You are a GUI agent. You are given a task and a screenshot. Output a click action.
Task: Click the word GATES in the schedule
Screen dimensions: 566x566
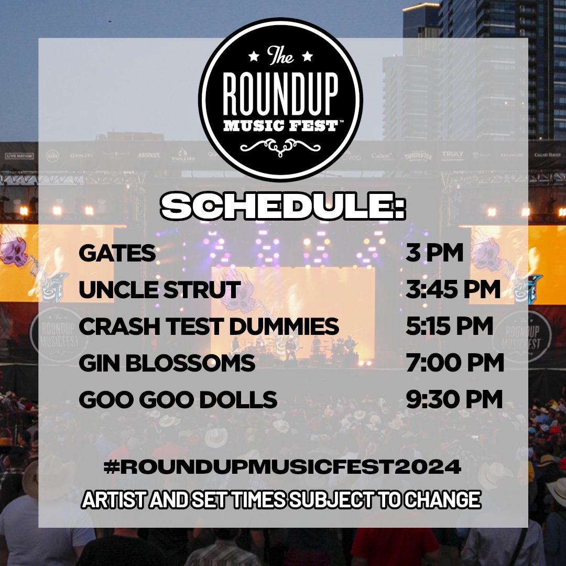117,254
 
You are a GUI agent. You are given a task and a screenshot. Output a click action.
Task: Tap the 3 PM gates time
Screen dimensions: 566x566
435,254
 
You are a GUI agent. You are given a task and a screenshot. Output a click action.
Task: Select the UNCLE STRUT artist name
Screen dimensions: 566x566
160,290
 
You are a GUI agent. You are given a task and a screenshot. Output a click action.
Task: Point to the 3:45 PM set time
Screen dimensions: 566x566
453,290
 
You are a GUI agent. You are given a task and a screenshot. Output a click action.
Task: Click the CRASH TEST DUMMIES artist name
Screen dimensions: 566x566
209,326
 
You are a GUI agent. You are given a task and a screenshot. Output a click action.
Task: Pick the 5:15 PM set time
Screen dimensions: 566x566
450,326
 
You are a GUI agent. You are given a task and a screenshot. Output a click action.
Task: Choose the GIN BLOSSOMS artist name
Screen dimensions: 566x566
167,363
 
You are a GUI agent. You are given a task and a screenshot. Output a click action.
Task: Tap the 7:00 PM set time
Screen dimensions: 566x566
455,363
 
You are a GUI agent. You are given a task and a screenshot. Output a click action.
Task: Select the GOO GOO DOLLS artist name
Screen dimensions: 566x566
178,400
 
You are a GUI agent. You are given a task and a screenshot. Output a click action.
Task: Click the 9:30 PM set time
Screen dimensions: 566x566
454,400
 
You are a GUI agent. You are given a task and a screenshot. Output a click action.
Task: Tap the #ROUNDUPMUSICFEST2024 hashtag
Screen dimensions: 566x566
282,466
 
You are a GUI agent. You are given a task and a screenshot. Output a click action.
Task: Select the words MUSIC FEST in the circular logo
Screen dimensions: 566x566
280,126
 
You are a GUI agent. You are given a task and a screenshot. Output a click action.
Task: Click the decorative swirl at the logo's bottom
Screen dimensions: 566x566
280,147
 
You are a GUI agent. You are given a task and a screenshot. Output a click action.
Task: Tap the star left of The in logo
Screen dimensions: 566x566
254,56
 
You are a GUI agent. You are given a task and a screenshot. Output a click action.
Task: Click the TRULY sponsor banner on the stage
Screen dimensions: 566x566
452,154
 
